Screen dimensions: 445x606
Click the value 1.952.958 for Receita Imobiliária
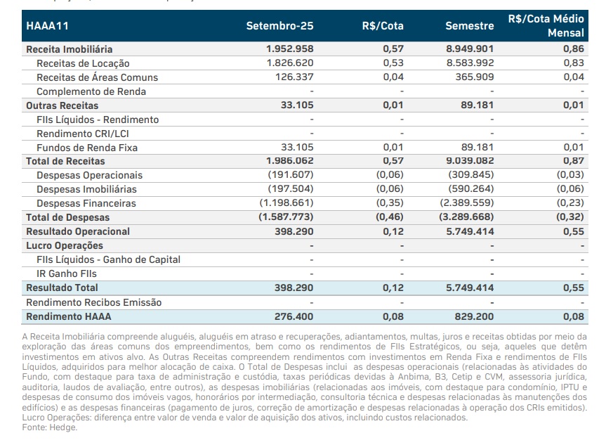(x=290, y=49)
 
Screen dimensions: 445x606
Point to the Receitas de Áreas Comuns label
(x=97, y=77)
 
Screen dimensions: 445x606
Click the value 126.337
(x=294, y=77)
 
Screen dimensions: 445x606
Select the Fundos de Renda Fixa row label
(x=87, y=148)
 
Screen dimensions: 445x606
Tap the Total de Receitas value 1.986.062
(x=290, y=161)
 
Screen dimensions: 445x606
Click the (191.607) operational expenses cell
(x=291, y=175)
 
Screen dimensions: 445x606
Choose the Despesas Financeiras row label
(x=86, y=203)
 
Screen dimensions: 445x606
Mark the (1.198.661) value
(x=286, y=203)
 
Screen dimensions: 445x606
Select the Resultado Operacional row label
(x=78, y=231)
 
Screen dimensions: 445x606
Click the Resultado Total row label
(x=62, y=288)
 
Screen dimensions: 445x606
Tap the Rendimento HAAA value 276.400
(x=294, y=316)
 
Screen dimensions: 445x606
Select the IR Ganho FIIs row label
(x=67, y=273)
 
